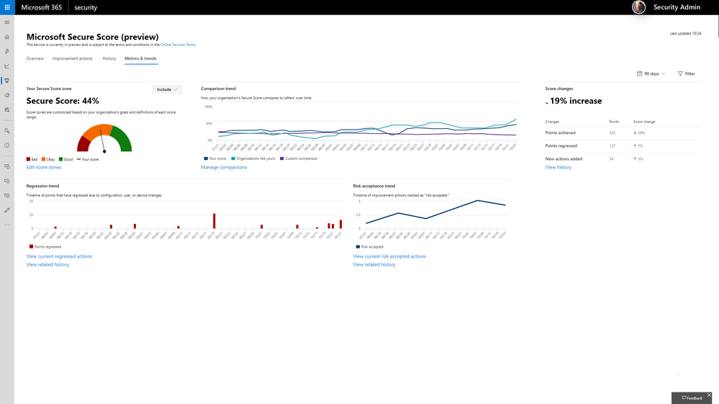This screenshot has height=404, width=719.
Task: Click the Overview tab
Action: pos(35,58)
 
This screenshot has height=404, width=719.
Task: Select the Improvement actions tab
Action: pos(72,58)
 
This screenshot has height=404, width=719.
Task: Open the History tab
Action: pos(109,58)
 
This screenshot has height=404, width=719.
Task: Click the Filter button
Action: pos(687,73)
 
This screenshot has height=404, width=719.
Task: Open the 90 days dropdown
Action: pos(651,73)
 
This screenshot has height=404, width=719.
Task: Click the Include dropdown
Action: pos(167,89)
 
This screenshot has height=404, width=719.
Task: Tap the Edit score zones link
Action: pos(44,167)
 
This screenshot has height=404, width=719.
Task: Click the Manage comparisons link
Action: pos(224,167)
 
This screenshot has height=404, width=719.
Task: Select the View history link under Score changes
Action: pos(559,167)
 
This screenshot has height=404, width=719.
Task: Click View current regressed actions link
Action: pos(59,256)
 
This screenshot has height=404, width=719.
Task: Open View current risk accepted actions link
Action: pos(389,256)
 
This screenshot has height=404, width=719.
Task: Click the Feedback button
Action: pos(692,398)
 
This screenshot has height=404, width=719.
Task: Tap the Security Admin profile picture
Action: pos(638,7)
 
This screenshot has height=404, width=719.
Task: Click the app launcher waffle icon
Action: pos(7,7)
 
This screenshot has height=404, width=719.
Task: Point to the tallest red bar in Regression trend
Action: pos(214,220)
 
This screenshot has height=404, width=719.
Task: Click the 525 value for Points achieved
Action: pos(612,133)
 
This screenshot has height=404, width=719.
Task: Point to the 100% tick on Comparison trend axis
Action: pos(209,107)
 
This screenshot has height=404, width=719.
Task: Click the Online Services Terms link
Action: pos(178,45)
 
